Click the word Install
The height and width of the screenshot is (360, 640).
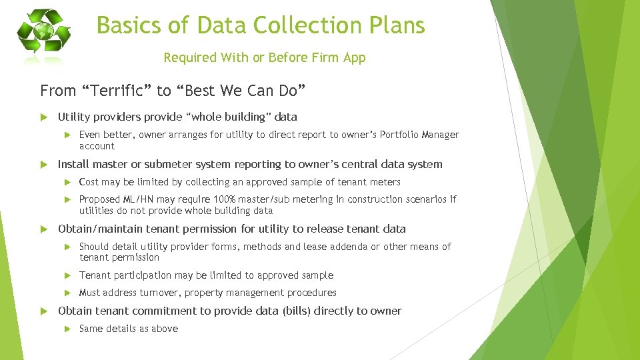tap(73, 164)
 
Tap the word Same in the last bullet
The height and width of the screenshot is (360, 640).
tap(91, 328)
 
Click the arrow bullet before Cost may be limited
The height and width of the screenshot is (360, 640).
tap(67, 182)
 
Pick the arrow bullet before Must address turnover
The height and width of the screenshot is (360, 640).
tap(67, 293)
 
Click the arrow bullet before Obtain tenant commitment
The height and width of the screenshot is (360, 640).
tap(45, 311)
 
